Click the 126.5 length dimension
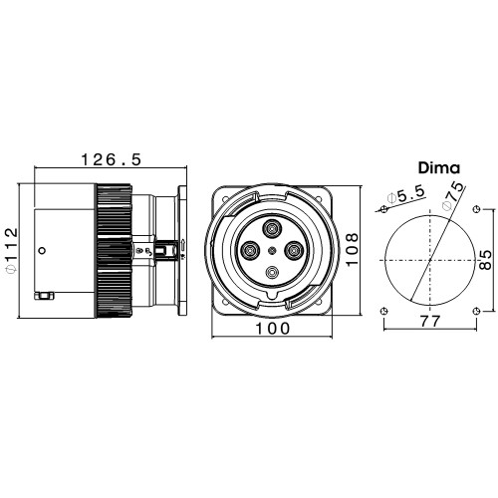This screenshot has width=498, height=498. [112, 159]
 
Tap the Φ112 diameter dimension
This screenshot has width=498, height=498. [11, 250]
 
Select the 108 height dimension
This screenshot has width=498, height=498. [352, 249]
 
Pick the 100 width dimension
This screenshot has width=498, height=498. [272, 329]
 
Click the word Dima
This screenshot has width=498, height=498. [439, 168]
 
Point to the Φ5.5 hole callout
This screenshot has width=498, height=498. [406, 195]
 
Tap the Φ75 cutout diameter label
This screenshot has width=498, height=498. [452, 196]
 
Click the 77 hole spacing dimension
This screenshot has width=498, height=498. [429, 322]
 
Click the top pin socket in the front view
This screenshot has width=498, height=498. [272, 228]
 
